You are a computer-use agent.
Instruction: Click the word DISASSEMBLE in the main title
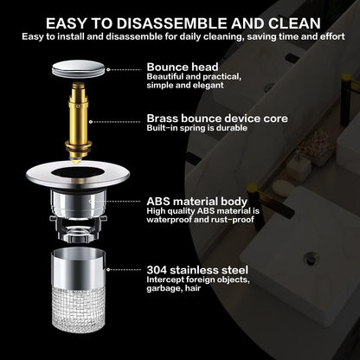pos(172,23)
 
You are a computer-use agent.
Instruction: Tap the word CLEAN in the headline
pos(295,23)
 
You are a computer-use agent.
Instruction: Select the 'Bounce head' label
pos(183,67)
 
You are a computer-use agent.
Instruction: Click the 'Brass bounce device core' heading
pos(217,119)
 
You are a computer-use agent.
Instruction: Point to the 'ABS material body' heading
pos(197,202)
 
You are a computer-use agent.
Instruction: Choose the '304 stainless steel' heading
pos(197,270)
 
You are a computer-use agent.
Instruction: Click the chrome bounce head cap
pos(78,68)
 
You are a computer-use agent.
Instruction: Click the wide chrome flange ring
pos(77,174)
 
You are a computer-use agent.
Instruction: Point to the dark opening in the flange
pos(77,172)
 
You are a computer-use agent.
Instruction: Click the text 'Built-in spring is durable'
pos(196,128)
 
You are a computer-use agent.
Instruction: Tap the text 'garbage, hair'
pos(173,288)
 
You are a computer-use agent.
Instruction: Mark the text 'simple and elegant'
pos(185,86)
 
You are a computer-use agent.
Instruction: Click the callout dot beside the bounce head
pos(108,69)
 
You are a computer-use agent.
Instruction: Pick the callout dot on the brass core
pos(91,122)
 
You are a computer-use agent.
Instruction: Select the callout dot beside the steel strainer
pos(108,270)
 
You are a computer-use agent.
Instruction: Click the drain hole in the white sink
pos(311,258)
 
